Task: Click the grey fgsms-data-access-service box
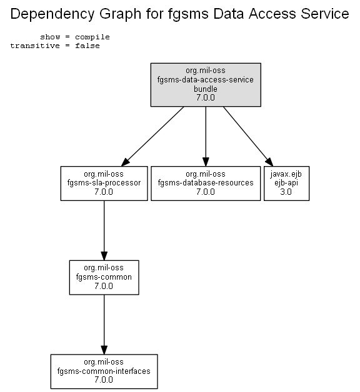(206, 85)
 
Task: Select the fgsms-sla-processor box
(104, 184)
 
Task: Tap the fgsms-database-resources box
(206, 184)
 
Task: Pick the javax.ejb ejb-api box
(286, 184)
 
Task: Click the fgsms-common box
(104, 277)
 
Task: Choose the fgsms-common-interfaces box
(104, 371)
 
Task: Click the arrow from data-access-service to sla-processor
(152, 137)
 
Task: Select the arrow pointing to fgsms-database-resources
(206, 137)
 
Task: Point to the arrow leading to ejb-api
(248, 137)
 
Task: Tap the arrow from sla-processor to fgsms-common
(104, 230)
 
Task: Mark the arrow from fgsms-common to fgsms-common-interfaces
(104, 325)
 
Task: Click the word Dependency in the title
(52, 14)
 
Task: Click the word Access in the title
(272, 14)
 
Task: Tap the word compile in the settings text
(92, 37)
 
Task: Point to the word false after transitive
(87, 46)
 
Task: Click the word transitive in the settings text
(35, 46)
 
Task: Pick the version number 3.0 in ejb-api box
(286, 192)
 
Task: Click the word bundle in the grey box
(206, 89)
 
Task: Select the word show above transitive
(50, 37)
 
